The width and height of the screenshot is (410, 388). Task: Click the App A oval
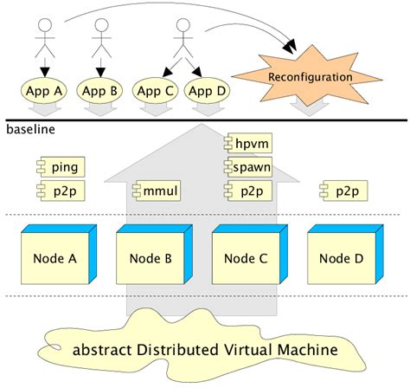click(x=44, y=89)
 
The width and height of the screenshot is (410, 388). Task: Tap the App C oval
click(x=157, y=89)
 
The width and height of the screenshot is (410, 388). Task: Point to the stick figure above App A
click(x=44, y=39)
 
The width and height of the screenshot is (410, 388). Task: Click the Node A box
click(x=57, y=258)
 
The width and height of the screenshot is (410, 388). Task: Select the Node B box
click(x=153, y=258)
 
